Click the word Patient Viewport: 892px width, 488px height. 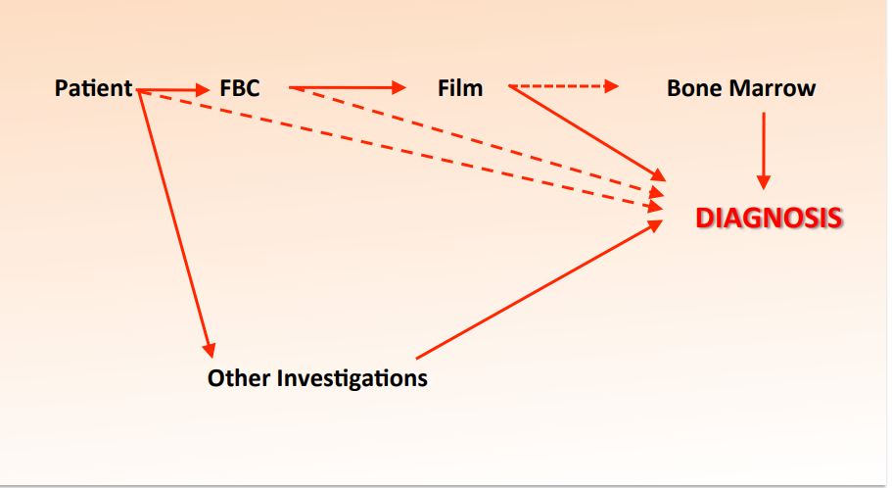[93, 88]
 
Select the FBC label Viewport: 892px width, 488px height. [239, 88]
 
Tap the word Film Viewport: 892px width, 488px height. [459, 88]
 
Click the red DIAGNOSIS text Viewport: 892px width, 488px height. [768, 218]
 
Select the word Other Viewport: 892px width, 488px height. [239, 377]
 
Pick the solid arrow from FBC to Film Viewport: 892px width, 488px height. [348, 88]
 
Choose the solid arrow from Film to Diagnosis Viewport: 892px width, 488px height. [587, 133]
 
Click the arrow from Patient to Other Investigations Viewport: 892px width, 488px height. [174, 220]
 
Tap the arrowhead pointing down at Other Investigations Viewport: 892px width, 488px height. [209, 348]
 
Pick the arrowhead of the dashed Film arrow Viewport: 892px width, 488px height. [612, 86]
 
